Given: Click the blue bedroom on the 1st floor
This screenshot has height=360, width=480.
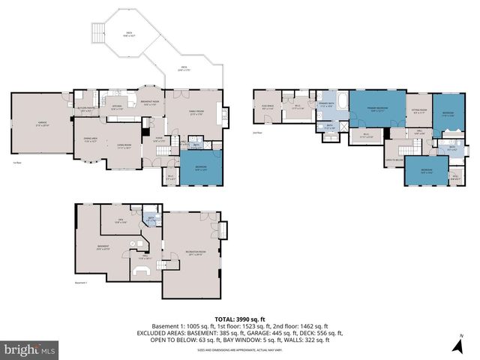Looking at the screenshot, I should click(x=201, y=169).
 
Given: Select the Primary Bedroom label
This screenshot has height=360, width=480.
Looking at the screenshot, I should click(x=376, y=109).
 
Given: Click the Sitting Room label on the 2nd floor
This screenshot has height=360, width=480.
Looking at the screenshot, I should click(x=418, y=112).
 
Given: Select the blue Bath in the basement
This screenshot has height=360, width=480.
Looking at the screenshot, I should click(x=151, y=220).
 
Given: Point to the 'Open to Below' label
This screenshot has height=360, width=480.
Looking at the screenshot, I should click(x=394, y=160).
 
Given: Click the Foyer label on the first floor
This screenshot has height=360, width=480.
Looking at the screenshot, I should click(x=159, y=139).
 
